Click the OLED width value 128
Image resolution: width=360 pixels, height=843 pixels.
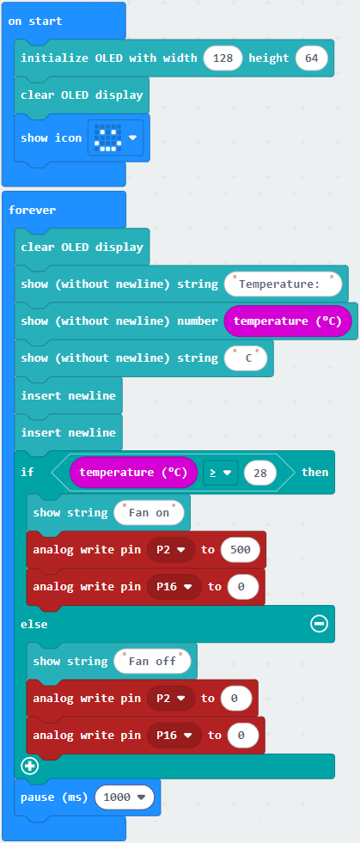(x=223, y=58)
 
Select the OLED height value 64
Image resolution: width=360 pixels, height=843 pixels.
(x=312, y=58)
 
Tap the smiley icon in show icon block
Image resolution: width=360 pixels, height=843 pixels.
(x=107, y=137)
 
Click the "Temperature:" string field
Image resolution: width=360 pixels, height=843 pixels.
(x=283, y=284)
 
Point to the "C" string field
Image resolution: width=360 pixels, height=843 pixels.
(x=246, y=358)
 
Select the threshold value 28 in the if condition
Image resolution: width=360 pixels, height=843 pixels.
(x=260, y=473)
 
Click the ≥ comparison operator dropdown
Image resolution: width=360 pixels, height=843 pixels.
(x=220, y=473)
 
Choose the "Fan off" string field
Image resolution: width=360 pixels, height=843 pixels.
(x=152, y=662)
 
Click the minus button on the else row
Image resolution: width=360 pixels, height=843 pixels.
(x=319, y=624)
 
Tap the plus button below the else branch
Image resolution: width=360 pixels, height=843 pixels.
(x=30, y=766)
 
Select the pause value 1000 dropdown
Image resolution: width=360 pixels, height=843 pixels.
(x=124, y=797)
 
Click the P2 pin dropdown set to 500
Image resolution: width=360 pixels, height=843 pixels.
(x=170, y=550)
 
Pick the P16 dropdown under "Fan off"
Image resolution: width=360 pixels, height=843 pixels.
(x=174, y=736)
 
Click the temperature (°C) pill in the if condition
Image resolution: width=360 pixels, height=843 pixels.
(x=134, y=473)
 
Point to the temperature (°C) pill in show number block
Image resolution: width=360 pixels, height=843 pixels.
(x=288, y=321)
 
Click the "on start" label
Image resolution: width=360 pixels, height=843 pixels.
(x=35, y=21)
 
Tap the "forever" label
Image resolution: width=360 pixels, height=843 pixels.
(x=33, y=211)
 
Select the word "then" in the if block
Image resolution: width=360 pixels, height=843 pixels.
(x=314, y=472)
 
